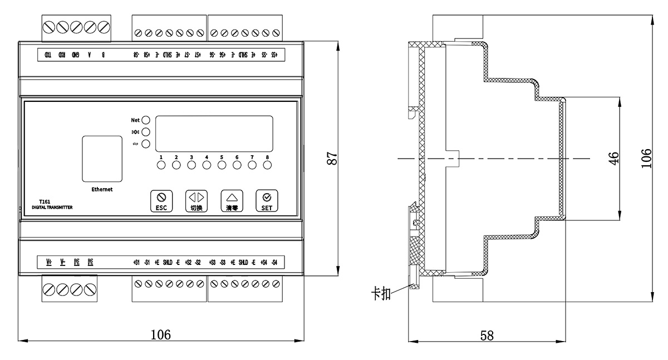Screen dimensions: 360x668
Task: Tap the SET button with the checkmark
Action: click(267, 201)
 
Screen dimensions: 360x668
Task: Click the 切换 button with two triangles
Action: click(195, 201)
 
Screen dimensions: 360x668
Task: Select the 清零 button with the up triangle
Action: click(232, 201)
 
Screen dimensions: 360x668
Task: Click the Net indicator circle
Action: click(146, 120)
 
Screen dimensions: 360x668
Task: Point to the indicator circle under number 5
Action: click(222, 165)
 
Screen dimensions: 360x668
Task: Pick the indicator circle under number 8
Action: click(267, 165)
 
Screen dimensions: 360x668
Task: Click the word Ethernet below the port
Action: click(102, 189)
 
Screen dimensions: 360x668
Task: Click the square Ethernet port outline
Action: click(102, 159)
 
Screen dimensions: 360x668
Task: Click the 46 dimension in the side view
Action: click(613, 158)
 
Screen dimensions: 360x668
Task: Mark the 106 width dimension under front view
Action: click(160, 334)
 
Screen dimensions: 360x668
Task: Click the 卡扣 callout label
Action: click(381, 293)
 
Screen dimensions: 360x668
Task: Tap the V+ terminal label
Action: click(49, 262)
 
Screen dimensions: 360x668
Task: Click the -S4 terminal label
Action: click(274, 262)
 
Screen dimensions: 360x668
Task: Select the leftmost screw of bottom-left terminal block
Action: click(49, 289)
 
